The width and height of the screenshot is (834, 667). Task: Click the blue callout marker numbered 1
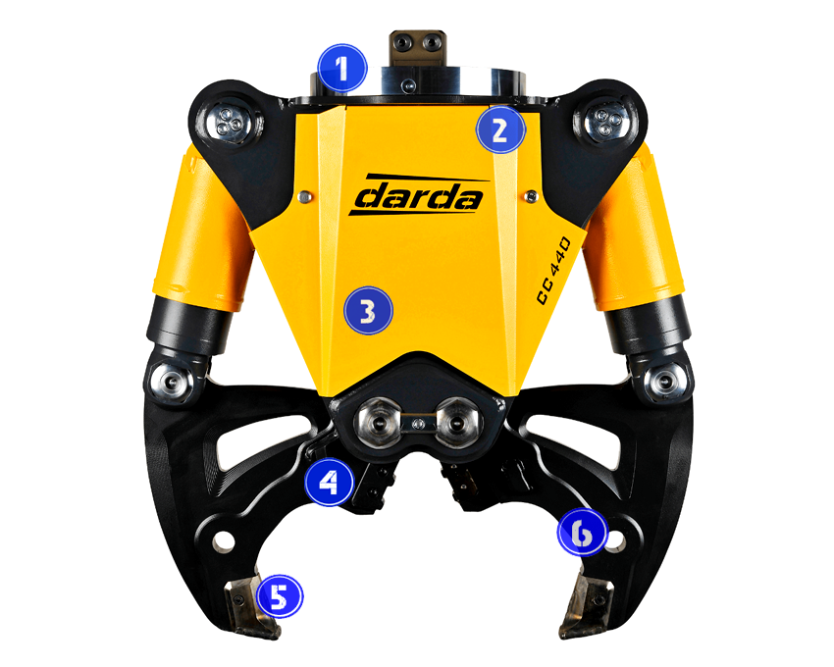(x=342, y=68)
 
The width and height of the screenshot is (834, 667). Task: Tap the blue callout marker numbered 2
(x=500, y=129)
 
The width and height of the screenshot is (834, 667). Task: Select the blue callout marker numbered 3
(x=368, y=311)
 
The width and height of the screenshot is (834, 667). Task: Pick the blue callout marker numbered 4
(x=330, y=482)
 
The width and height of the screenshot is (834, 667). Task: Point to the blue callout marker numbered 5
(x=280, y=595)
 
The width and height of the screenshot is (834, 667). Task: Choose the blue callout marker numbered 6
(x=582, y=533)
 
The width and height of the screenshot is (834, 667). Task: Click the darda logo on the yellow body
(x=419, y=194)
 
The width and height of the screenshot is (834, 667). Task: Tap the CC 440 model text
(x=553, y=271)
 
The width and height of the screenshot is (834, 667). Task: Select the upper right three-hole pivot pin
(x=604, y=121)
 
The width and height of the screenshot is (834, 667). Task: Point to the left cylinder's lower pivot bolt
(x=170, y=380)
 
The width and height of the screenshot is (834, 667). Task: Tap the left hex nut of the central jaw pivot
(x=379, y=422)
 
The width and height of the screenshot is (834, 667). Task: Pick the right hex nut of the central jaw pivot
(x=457, y=422)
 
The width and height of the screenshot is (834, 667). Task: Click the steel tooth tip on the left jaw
(x=251, y=609)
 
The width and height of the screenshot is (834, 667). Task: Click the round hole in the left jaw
(x=224, y=542)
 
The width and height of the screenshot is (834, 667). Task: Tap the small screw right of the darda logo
(x=530, y=196)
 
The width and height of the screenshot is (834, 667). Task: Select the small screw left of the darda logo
(x=304, y=197)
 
